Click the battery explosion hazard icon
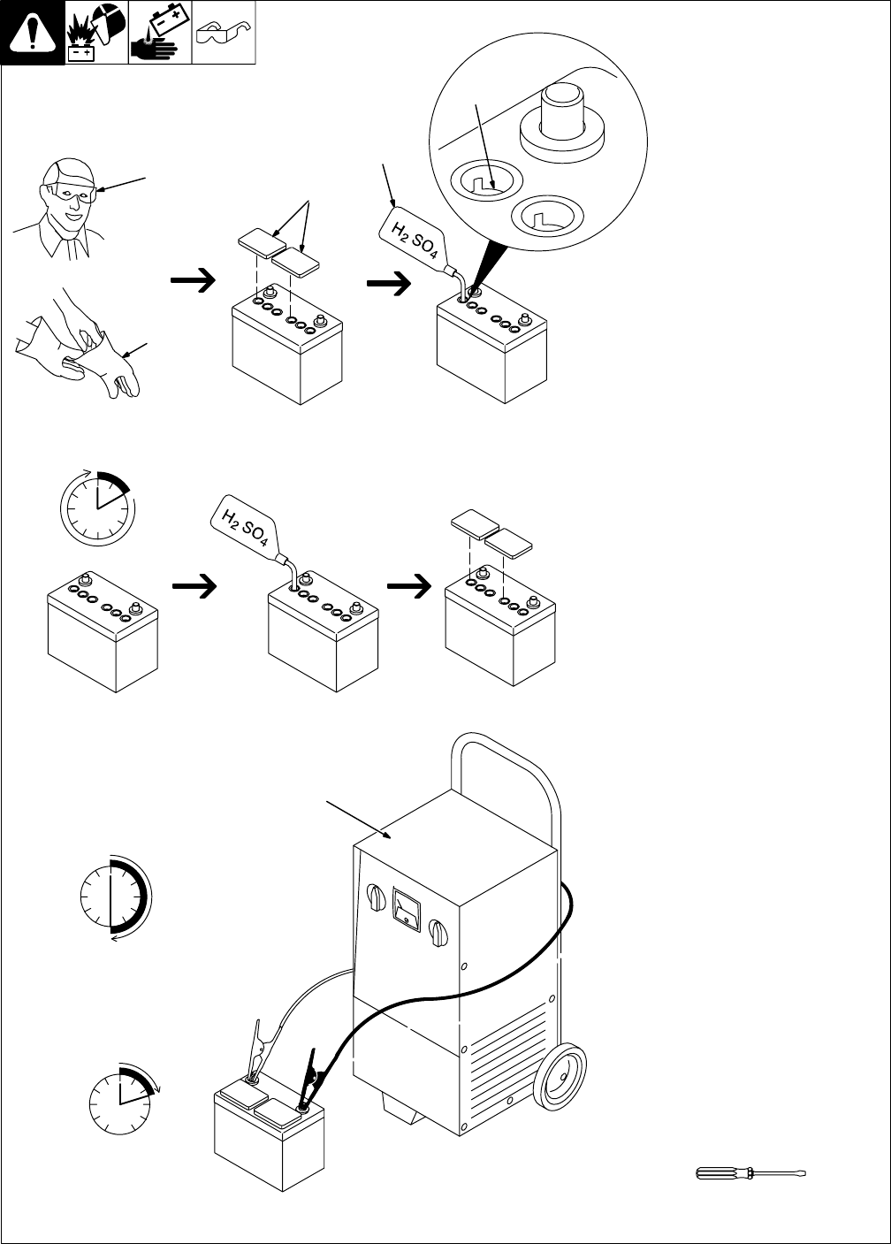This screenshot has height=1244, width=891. pyautogui.click(x=96, y=32)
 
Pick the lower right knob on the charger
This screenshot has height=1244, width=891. pyautogui.click(x=438, y=934)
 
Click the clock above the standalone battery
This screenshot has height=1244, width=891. pyautogui.click(x=98, y=508)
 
